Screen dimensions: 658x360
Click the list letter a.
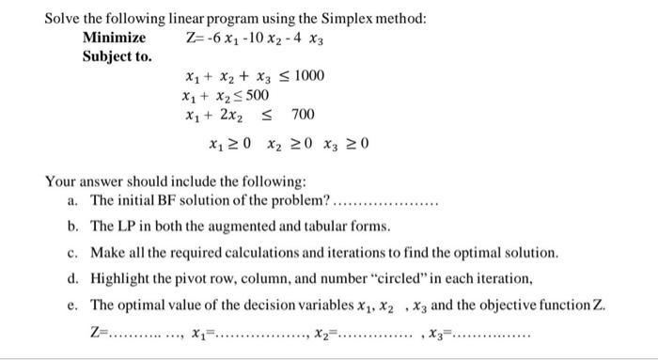coord(72,200)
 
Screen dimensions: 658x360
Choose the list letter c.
coord(72,253)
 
